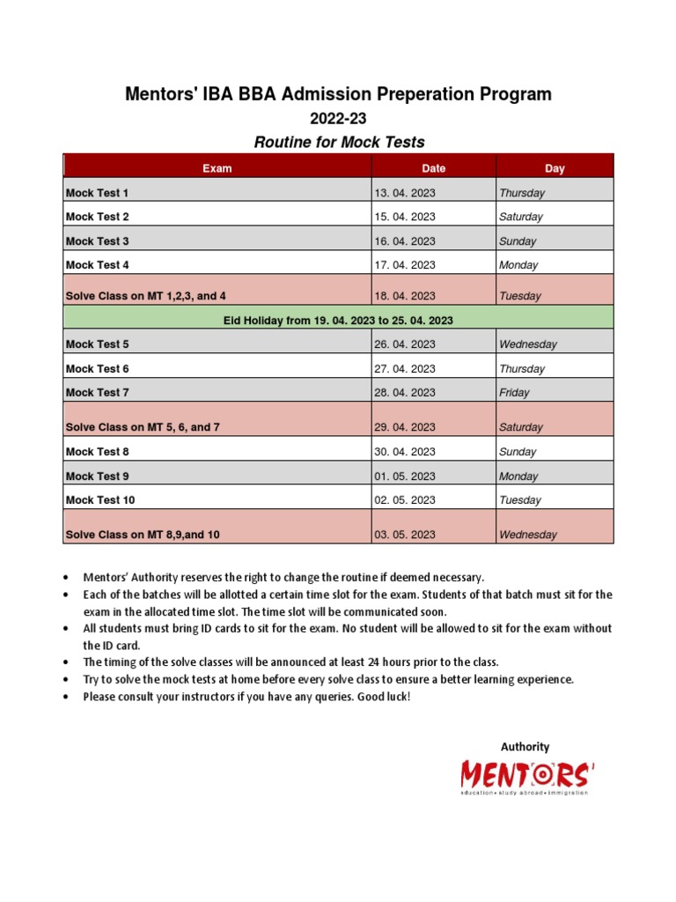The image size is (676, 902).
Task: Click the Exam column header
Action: (x=217, y=168)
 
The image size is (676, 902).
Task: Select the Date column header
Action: (x=433, y=168)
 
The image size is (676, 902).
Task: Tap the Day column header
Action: (x=555, y=168)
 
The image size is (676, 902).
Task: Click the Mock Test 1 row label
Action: (x=97, y=193)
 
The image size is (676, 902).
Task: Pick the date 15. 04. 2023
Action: (x=405, y=217)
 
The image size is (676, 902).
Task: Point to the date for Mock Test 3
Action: (x=405, y=241)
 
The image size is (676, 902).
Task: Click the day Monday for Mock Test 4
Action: (x=518, y=265)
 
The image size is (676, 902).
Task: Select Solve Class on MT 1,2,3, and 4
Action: (x=151, y=296)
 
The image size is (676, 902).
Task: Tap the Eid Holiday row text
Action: (x=338, y=321)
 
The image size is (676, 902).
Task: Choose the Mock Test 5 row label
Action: (x=97, y=344)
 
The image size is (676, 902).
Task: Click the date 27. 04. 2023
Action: (x=405, y=369)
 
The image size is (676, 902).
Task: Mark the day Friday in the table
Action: (x=514, y=393)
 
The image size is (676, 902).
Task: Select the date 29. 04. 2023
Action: (x=405, y=427)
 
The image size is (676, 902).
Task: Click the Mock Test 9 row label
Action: (x=97, y=477)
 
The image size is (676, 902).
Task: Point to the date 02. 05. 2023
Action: (x=405, y=500)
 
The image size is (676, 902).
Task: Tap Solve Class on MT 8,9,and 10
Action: (x=143, y=535)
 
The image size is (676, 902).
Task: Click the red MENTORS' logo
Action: (x=527, y=776)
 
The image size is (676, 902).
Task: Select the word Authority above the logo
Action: (x=525, y=747)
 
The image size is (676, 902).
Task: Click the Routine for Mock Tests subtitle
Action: (x=339, y=142)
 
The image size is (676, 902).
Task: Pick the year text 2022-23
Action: (x=338, y=118)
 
